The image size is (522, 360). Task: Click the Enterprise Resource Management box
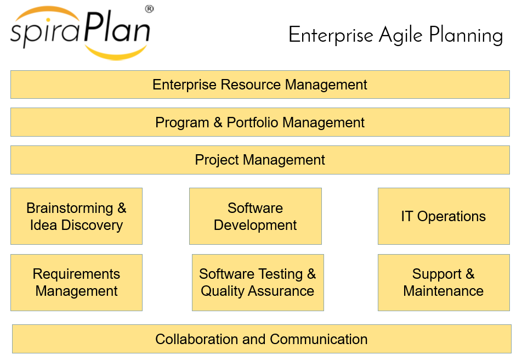point(260,85)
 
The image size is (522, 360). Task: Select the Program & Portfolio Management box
point(260,122)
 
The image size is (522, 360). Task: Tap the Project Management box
point(260,160)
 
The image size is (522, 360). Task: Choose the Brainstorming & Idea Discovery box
point(77,216)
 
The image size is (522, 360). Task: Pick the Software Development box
point(256,216)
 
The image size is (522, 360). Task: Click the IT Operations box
point(444,216)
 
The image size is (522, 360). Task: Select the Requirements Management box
point(77,282)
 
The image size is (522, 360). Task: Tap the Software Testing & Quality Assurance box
point(258,282)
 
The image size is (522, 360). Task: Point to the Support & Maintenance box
point(444,282)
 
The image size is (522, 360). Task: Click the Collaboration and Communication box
point(262,339)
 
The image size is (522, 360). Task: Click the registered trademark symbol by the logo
point(150,9)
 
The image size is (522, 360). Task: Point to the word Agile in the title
point(401,35)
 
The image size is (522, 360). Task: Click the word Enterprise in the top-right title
point(331,35)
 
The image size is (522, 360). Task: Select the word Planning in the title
point(466,35)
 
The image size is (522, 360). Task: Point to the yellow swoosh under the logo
point(116,54)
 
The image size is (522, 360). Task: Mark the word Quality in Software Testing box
point(223,291)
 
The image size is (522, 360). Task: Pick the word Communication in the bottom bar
point(319,339)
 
